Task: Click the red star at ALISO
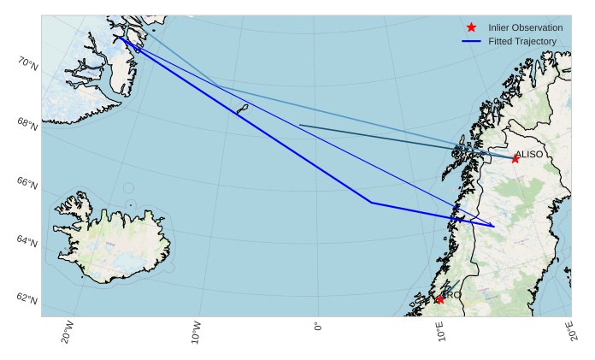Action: click(x=515, y=159)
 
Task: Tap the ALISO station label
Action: click(x=528, y=154)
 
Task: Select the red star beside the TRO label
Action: click(x=439, y=299)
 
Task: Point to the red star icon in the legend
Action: click(x=471, y=27)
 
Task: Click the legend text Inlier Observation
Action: click(x=525, y=27)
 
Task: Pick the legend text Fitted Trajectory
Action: click(x=521, y=41)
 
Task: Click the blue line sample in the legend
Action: click(x=471, y=41)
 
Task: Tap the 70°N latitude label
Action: click(x=27, y=63)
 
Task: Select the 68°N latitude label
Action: click(x=27, y=124)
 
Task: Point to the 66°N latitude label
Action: click(x=27, y=183)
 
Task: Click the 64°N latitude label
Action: click(x=27, y=242)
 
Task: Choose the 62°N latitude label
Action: click(x=27, y=299)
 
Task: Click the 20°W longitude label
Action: click(x=68, y=332)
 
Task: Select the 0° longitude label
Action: click(x=318, y=328)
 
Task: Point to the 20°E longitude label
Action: click(x=569, y=332)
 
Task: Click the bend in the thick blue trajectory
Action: click(x=371, y=203)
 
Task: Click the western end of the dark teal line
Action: click(x=300, y=126)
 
